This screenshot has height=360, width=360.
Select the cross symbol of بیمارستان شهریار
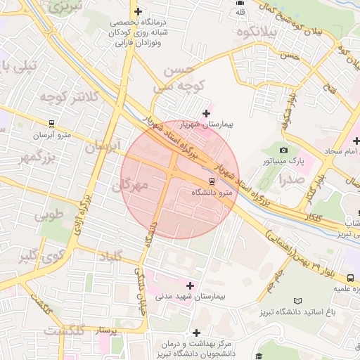(206, 113)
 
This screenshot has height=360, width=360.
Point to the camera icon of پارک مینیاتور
(283, 150)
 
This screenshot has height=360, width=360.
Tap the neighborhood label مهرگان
(131, 186)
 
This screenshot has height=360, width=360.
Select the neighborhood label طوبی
(49, 213)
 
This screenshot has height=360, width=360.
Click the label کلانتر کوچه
(67, 98)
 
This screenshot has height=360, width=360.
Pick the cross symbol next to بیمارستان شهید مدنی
(190, 285)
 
